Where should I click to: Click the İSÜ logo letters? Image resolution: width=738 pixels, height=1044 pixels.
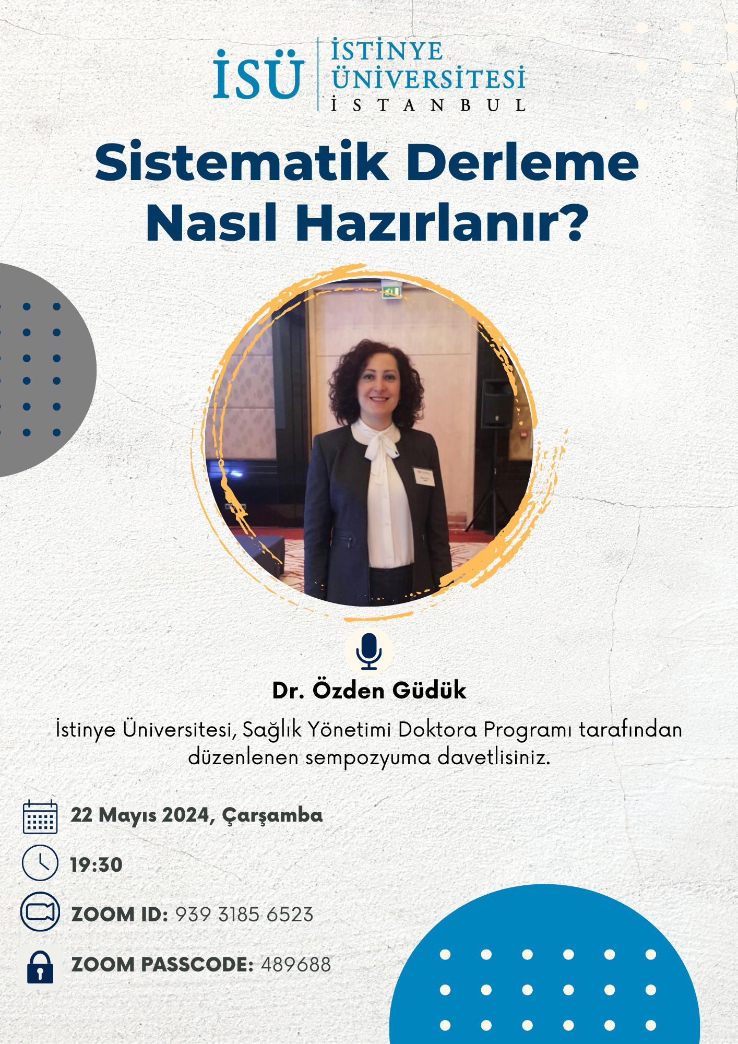258,75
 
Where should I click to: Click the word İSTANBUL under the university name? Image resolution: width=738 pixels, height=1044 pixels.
428,105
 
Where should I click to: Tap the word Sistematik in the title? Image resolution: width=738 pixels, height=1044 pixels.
242,162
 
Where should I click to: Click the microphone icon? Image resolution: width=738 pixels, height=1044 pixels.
369,650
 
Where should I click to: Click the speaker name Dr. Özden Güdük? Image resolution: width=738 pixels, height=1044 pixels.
369,690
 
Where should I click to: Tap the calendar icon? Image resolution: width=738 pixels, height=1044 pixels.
40,816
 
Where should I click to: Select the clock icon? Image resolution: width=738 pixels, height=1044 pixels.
40,863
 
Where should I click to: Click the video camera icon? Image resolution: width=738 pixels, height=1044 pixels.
40,912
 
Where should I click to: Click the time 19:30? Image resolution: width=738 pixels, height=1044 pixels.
97,865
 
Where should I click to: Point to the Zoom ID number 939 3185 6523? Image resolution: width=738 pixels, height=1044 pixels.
244,915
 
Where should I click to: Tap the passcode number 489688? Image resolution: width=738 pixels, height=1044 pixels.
296,965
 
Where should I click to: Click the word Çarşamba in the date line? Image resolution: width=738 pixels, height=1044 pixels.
272,816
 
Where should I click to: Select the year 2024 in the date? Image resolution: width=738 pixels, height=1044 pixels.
186,815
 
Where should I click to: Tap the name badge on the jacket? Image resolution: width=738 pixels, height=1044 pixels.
424,477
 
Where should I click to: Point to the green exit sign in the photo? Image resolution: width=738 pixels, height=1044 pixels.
391,291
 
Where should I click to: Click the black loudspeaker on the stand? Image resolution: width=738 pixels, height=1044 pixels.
496,405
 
